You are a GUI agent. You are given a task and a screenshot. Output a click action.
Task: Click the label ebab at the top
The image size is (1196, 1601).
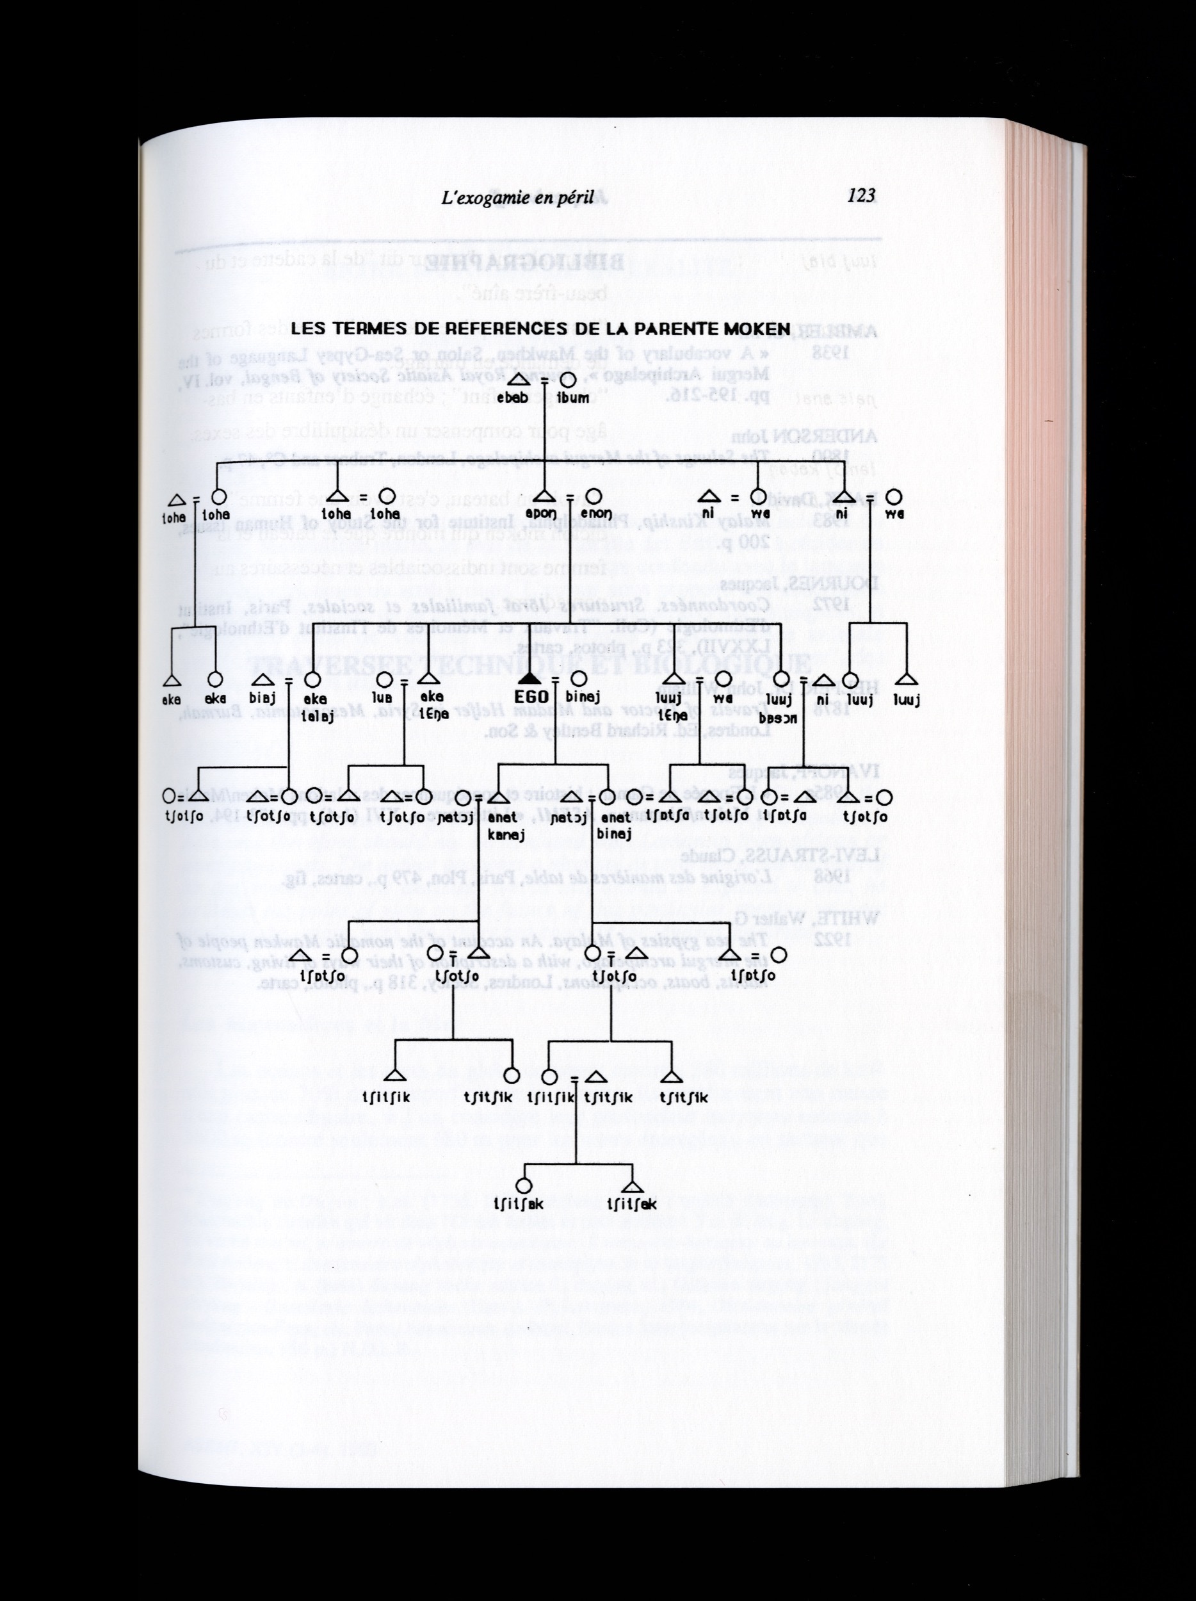pyautogui.click(x=512, y=397)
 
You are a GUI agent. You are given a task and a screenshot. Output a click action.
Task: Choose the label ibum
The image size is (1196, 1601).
pyautogui.click(x=572, y=397)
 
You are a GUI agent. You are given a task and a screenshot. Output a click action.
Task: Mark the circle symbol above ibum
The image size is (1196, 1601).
pyautogui.click(x=569, y=380)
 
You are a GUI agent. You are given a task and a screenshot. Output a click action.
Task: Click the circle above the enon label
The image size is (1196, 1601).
pyautogui.click(x=594, y=496)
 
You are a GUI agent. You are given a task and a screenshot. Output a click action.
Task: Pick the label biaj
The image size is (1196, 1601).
pyautogui.click(x=262, y=699)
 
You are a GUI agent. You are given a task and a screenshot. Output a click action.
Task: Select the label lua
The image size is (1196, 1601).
pyautogui.click(x=382, y=699)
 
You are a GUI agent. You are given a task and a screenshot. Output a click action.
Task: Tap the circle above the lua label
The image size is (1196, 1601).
pyautogui.click(x=385, y=679)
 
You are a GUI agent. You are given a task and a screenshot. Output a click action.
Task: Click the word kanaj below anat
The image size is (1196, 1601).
pyautogui.click(x=506, y=834)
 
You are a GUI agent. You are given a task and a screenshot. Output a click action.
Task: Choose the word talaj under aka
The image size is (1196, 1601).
pyautogui.click(x=316, y=715)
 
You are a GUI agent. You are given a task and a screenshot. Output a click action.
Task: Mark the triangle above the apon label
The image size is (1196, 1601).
pyautogui.click(x=545, y=496)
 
